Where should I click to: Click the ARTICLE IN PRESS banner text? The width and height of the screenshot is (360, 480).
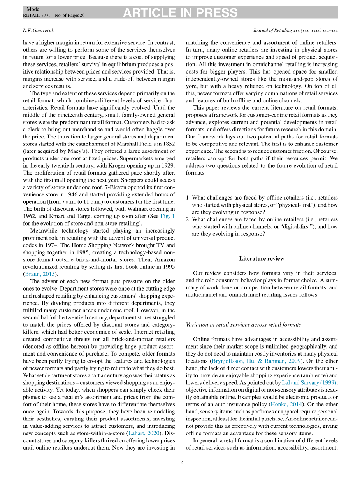180,13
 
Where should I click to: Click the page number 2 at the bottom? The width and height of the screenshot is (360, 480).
181,463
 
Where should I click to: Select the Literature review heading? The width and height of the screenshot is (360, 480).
262,259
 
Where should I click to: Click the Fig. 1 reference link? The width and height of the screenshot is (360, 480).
169,216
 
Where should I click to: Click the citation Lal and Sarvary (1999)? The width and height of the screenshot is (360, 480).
309,382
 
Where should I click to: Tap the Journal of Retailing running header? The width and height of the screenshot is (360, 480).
295,30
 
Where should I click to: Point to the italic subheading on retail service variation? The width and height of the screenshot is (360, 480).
243,325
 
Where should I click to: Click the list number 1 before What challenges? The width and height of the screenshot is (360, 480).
187,198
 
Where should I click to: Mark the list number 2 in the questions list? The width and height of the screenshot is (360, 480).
187,219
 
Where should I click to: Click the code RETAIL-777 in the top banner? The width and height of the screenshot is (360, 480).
36,16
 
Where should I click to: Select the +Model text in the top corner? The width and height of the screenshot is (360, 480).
32,9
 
